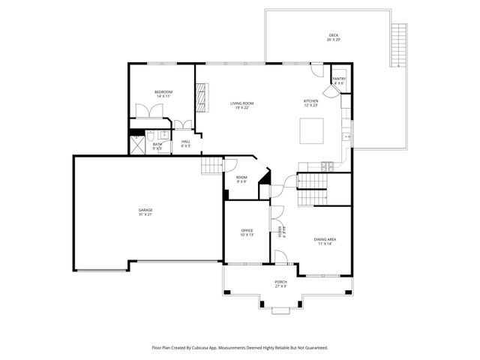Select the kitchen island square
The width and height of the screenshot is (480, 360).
[x=311, y=131]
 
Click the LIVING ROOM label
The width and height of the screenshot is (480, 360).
[x=241, y=105]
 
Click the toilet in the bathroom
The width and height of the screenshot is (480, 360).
[x=150, y=136]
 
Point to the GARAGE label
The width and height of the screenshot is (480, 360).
[x=145, y=211]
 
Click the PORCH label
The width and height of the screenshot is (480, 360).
[x=280, y=283]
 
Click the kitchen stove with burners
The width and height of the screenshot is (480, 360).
[x=325, y=166]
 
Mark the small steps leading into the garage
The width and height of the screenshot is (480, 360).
[x=213, y=166]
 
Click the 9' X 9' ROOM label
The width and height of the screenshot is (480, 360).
[x=241, y=179]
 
